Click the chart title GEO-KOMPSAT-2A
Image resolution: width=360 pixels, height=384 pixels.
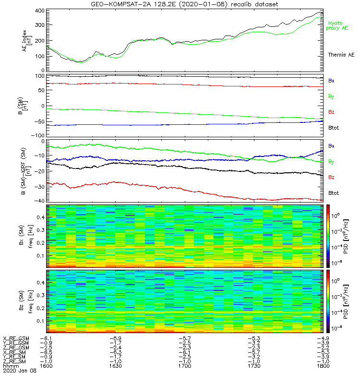tap(184, 4)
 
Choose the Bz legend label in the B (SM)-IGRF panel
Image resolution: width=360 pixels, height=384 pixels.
tap(331, 177)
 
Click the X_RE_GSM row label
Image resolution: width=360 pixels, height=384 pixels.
tap(16, 338)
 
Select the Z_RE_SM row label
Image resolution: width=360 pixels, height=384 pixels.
tap(15, 361)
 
